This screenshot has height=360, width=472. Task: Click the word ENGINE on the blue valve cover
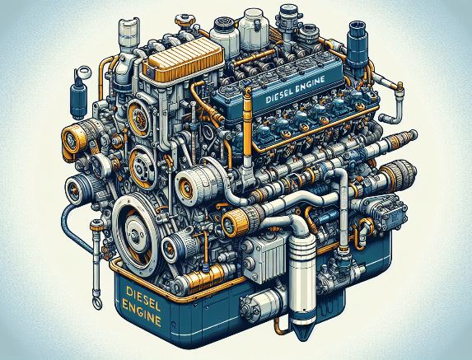pos(309,84)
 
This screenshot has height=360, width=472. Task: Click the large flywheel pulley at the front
pos(137,231)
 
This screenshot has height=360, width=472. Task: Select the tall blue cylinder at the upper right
pos(358,48)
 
